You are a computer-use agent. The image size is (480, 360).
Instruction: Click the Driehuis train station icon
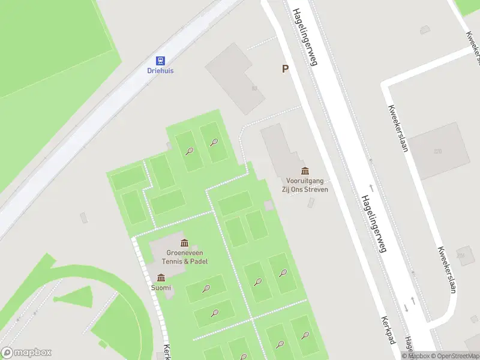click(160, 60)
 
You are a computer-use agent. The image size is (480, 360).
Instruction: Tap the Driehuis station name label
click(160, 70)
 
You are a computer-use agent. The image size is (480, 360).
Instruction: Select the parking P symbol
click(286, 69)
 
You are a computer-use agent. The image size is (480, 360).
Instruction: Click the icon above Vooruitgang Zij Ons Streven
click(305, 171)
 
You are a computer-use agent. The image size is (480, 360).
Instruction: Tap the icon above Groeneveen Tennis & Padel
click(184, 243)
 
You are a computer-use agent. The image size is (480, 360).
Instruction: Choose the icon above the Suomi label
click(161, 278)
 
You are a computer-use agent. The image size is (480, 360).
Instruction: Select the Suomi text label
click(161, 288)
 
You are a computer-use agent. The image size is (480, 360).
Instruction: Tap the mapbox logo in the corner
click(26, 352)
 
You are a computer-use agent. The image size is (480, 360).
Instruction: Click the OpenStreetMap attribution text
click(453, 356)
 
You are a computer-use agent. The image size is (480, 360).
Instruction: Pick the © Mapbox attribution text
click(415, 356)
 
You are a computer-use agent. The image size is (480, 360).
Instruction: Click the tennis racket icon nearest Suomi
click(206, 289)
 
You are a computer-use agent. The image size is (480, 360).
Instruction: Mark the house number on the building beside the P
click(254, 88)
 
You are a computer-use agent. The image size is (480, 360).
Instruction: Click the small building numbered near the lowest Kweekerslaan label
click(461, 256)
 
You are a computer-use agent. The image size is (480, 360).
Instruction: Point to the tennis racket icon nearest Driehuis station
click(190, 151)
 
